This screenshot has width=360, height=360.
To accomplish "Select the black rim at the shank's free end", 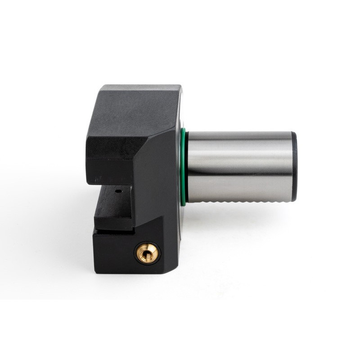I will coord(294,166).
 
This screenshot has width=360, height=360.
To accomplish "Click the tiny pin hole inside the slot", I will coord(118,191).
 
